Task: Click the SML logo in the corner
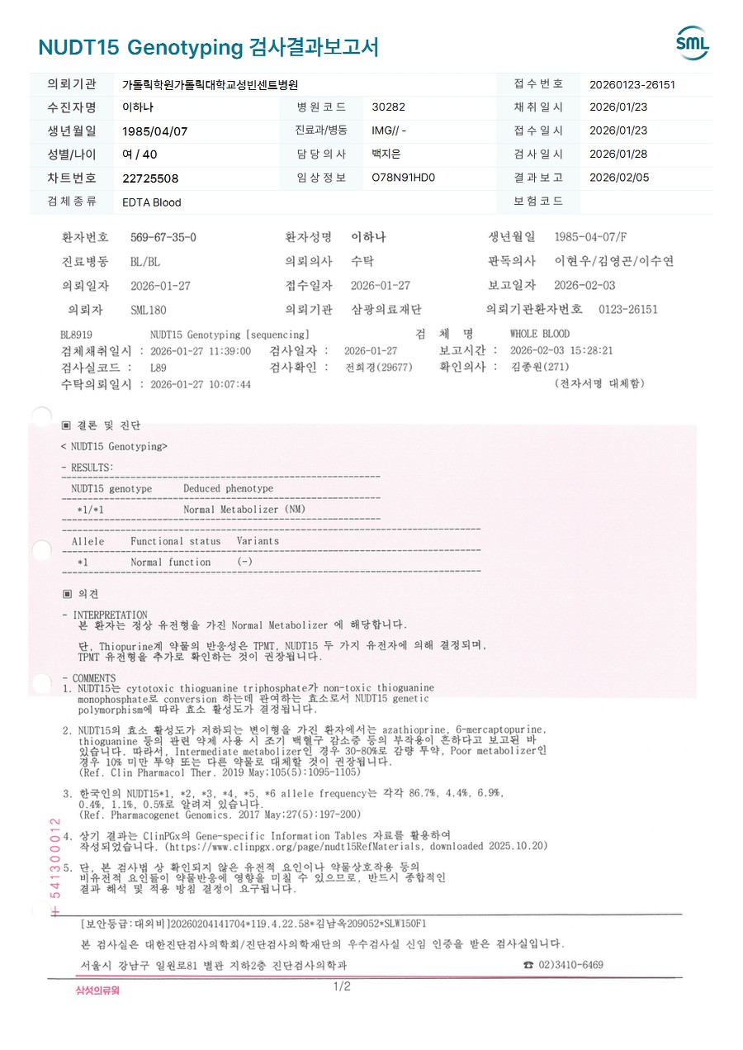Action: pyautogui.click(x=692, y=44)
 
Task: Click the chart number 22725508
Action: pyautogui.click(x=150, y=178)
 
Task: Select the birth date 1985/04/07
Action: pyautogui.click(x=155, y=131)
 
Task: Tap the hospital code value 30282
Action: pyautogui.click(x=389, y=107)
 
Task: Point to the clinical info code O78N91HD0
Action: pyautogui.click(x=403, y=178)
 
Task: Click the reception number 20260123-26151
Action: pyautogui.click(x=632, y=84)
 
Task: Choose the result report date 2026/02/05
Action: pyautogui.click(x=618, y=178)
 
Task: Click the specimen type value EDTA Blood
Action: pyautogui.click(x=151, y=202)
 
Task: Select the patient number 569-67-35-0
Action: pyautogui.click(x=163, y=238)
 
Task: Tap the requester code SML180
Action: pyautogui.click(x=149, y=310)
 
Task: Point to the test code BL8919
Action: pyautogui.click(x=76, y=335)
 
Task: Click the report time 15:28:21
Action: pyautogui.click(x=591, y=350)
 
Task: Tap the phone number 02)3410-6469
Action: pyautogui.click(x=570, y=965)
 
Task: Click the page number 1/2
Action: pyautogui.click(x=342, y=986)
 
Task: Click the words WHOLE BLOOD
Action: pyautogui.click(x=540, y=335)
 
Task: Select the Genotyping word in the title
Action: pyautogui.click(x=185, y=47)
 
